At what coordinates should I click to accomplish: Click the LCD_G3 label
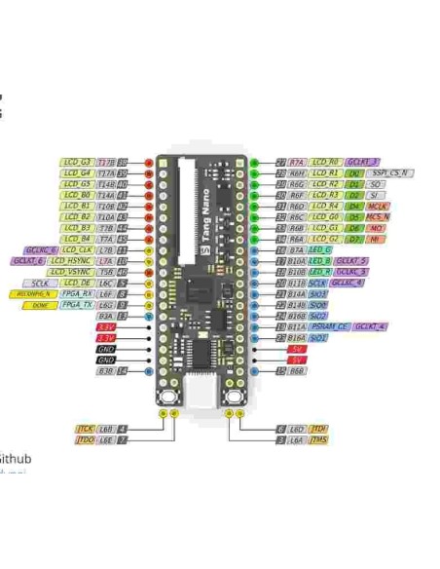[78, 162]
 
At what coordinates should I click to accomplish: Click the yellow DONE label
[39, 305]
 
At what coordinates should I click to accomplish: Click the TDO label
[86, 440]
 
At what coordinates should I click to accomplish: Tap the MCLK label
[378, 206]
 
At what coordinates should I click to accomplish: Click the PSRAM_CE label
[331, 326]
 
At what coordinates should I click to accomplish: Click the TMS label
[319, 440]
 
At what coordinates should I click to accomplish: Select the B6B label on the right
[297, 370]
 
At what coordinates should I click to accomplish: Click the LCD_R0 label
[327, 162]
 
